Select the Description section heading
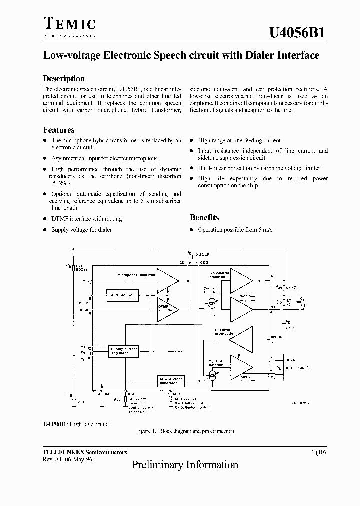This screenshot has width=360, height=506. [64, 79]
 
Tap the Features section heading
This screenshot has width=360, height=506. [59, 130]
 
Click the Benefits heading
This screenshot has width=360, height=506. [204, 217]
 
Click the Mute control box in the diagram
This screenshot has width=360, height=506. [122, 295]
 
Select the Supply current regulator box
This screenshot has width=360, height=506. [123, 350]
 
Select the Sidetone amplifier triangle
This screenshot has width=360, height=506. [241, 309]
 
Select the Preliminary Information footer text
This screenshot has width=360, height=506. [185, 465]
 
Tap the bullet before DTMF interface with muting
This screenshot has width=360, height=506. [45, 219]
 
